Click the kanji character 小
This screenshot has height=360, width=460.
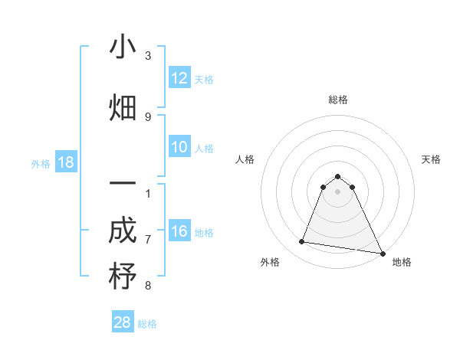pos(123,47)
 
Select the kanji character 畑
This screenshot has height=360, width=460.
pos(123,107)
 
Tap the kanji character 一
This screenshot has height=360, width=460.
pos(123,185)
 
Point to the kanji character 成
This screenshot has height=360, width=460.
pos(123,230)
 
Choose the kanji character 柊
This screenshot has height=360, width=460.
pos(123,277)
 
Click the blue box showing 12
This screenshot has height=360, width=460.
pos(179,78)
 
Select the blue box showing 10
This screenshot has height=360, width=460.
pos(179,147)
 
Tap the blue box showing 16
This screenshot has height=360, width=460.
pos(179,231)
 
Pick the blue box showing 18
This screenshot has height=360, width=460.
pos(65,162)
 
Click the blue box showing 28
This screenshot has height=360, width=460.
pos(123,322)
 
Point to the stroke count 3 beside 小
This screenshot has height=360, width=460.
pos(148,56)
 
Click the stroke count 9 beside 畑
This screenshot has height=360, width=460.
pos(148,116)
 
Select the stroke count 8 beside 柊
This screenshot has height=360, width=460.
pos(148,286)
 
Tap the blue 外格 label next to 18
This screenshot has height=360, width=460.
pos(41,163)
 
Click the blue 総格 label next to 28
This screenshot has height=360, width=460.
pos(147,324)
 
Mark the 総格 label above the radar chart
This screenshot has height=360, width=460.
pos(337,100)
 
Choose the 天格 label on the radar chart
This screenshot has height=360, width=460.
pos(431,159)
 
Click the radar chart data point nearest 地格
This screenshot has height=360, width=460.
pos(382,252)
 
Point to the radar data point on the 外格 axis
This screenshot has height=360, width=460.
pos(302,242)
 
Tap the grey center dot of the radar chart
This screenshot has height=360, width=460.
pos(337,191)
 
